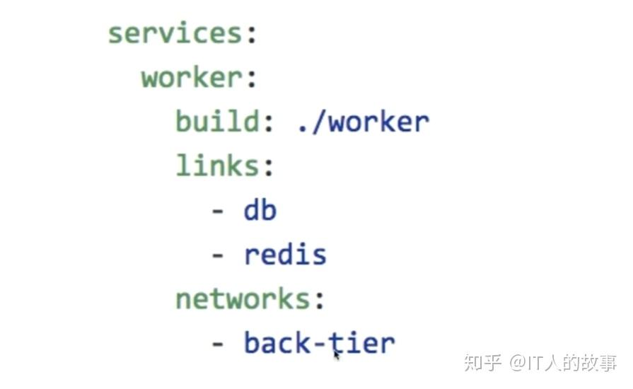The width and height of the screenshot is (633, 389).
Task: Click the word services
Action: (x=174, y=33)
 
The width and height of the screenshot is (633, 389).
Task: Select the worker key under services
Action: (x=191, y=78)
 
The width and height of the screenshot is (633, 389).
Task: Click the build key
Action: (x=216, y=122)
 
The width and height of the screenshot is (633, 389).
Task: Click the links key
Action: (x=216, y=166)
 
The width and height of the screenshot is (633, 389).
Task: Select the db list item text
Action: (x=260, y=210)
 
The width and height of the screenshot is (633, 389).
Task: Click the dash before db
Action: (x=218, y=211)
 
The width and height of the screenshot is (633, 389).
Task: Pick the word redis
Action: (x=285, y=254)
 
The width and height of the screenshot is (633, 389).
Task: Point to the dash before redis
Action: (x=218, y=255)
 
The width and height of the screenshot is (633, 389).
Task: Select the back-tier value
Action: (x=319, y=343)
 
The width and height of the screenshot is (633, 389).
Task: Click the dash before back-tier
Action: (x=218, y=344)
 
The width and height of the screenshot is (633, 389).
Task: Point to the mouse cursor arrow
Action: (x=337, y=354)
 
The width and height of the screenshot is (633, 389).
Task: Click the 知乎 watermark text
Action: (x=482, y=363)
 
